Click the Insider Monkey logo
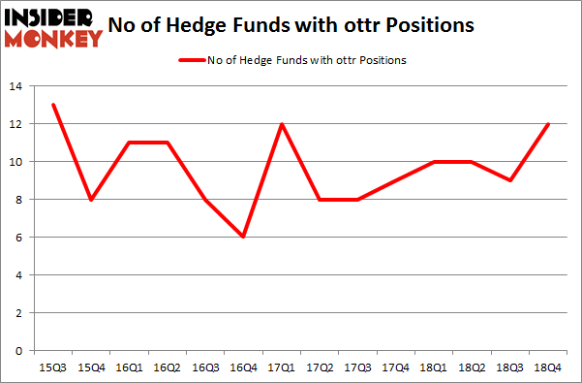click(x=53, y=27)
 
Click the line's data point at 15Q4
click(x=91, y=199)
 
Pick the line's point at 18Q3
click(x=511, y=180)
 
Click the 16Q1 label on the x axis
click(x=131, y=368)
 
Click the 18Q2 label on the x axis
click(x=472, y=368)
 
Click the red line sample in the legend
click(x=190, y=60)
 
